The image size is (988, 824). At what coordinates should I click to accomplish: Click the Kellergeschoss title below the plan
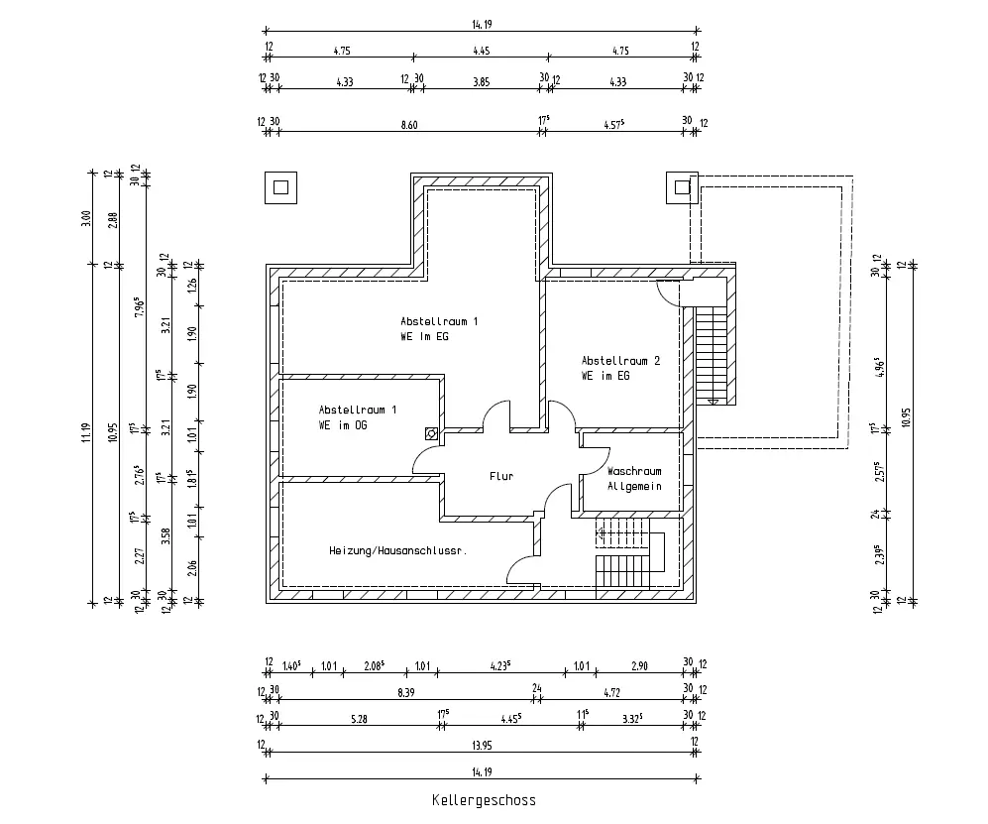click(484, 800)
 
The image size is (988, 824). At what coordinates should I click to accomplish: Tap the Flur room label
click(501, 476)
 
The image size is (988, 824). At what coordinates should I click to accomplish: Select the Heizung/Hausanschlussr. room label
click(398, 550)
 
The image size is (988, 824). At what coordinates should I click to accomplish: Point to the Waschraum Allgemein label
click(634, 479)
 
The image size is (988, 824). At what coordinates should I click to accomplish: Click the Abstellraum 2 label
click(620, 361)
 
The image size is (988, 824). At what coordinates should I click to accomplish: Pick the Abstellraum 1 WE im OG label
click(358, 417)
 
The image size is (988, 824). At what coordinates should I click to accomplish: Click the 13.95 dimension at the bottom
click(482, 746)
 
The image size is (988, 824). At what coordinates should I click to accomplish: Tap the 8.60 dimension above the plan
click(409, 125)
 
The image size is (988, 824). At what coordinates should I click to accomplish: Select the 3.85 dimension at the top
click(482, 82)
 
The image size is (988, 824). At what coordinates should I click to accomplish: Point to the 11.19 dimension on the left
click(86, 432)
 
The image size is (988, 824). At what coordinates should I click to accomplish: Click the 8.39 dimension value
click(406, 693)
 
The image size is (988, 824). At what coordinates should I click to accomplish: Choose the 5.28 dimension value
click(359, 719)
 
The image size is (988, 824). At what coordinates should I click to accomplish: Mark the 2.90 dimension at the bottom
click(639, 665)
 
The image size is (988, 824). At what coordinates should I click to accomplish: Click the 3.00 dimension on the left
click(86, 219)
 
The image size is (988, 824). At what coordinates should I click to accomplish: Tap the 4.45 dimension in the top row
click(482, 51)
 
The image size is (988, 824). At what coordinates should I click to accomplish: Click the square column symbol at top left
click(281, 187)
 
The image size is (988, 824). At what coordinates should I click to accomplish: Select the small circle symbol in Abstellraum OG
click(432, 433)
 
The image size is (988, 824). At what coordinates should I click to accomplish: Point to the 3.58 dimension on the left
click(165, 536)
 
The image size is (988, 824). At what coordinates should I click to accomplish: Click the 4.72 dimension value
click(611, 693)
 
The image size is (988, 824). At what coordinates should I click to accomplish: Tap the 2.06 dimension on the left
click(193, 568)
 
